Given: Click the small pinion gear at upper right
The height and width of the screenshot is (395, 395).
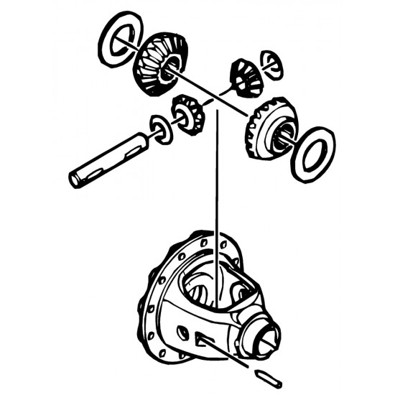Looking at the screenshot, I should pyautogui.click(x=242, y=75).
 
